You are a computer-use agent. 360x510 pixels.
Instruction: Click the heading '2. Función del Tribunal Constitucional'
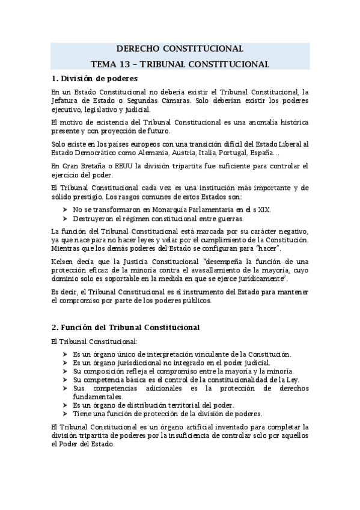[x=126, y=327]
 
